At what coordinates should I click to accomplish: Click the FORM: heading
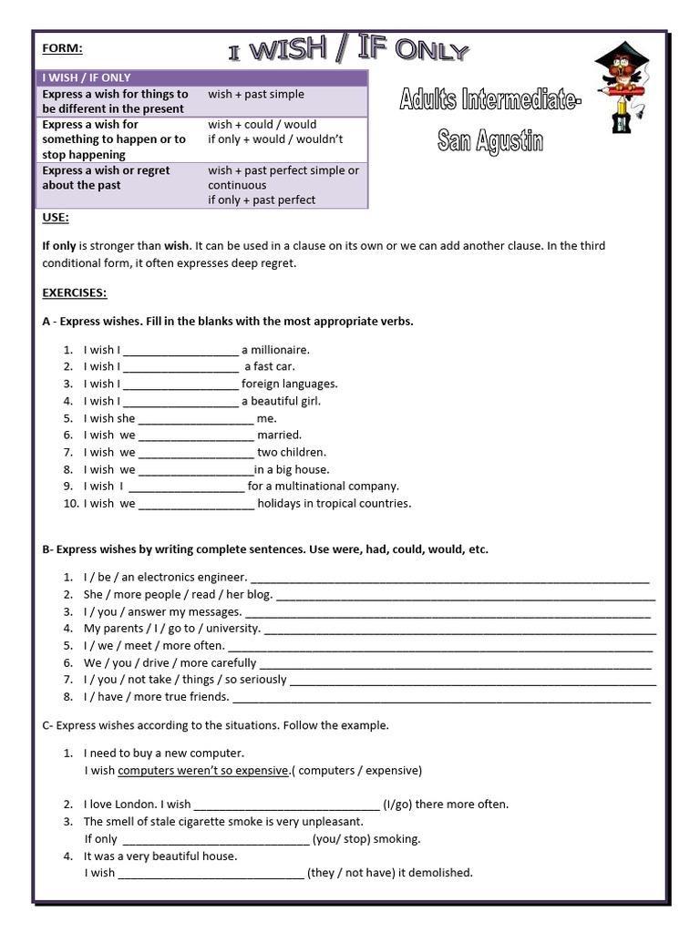click(x=61, y=49)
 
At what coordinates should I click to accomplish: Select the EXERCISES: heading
click(x=75, y=292)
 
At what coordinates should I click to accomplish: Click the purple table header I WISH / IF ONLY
click(x=87, y=77)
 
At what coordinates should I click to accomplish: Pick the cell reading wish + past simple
click(x=256, y=94)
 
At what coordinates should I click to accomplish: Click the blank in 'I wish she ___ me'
click(x=195, y=419)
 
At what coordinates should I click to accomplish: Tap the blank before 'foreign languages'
click(x=180, y=384)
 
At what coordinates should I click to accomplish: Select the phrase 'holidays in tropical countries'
click(x=334, y=503)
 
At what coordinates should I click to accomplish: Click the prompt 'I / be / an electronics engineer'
click(x=165, y=577)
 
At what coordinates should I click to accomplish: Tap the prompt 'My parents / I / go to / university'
click(x=172, y=628)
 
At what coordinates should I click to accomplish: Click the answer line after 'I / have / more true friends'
click(x=441, y=698)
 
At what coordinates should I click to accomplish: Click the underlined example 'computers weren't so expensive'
click(x=203, y=770)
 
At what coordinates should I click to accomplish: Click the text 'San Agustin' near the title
click(x=489, y=142)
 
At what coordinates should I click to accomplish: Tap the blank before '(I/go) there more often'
click(x=286, y=805)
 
